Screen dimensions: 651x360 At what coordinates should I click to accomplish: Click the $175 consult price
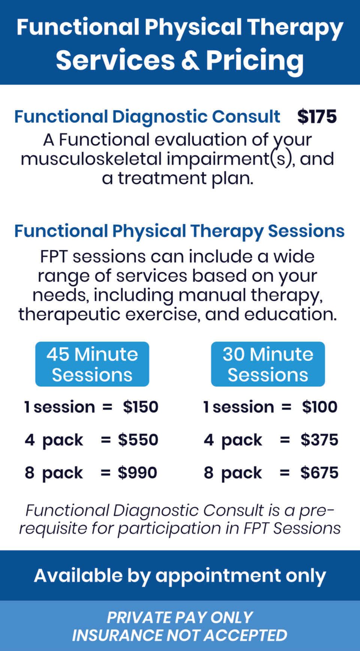(x=317, y=117)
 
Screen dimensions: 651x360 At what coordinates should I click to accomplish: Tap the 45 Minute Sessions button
(x=92, y=364)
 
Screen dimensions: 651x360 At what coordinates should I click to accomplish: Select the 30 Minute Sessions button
(x=268, y=364)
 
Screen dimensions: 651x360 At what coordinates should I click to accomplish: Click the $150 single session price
(x=141, y=407)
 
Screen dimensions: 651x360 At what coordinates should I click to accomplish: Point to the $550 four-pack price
(x=138, y=440)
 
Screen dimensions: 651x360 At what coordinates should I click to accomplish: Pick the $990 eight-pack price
(x=138, y=473)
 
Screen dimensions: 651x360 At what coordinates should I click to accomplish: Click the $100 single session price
(x=319, y=407)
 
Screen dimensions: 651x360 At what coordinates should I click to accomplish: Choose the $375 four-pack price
(x=319, y=440)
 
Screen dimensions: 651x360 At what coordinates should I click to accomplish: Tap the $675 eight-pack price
(x=319, y=473)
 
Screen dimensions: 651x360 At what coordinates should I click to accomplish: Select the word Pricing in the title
(x=255, y=61)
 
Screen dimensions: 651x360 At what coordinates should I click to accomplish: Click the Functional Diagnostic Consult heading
(x=147, y=117)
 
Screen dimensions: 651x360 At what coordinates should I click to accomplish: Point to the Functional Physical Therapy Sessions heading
(x=179, y=231)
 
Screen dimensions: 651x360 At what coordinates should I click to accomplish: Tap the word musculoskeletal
(x=91, y=159)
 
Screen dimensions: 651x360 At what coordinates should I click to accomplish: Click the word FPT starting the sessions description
(x=54, y=257)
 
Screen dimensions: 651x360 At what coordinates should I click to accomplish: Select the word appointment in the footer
(x=218, y=576)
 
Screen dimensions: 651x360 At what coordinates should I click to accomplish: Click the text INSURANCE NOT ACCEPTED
(x=180, y=635)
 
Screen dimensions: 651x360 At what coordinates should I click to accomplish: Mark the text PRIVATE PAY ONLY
(x=180, y=617)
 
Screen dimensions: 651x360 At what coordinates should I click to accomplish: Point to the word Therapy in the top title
(x=295, y=28)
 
